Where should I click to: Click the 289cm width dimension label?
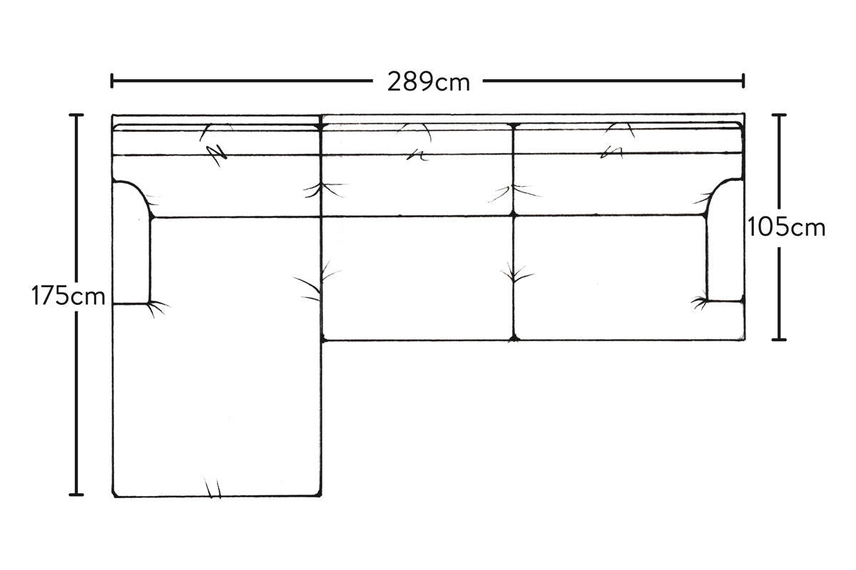click(429, 82)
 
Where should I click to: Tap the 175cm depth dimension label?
click(68, 296)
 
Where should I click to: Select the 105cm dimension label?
click(786, 227)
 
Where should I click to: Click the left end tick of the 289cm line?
click(111, 81)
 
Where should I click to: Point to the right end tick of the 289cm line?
click(743, 81)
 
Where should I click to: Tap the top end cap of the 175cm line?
click(76, 115)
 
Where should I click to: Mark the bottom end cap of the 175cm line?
click(76, 494)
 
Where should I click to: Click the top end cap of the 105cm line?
click(779, 115)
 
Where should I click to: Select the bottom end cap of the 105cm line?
click(779, 339)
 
